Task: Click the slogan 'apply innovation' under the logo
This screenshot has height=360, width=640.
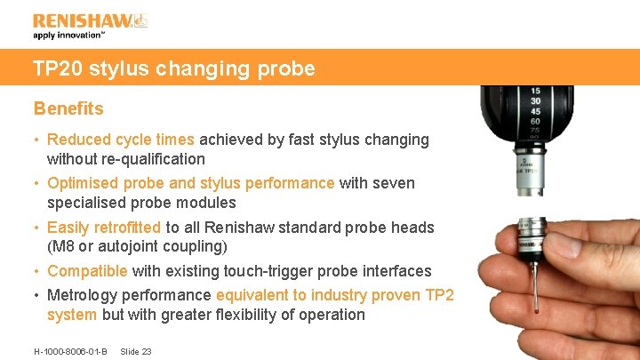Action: (68, 36)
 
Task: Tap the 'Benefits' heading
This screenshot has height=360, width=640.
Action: (68, 108)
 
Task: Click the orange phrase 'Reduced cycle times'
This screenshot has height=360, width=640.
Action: (120, 140)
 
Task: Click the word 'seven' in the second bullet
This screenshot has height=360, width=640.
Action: (395, 183)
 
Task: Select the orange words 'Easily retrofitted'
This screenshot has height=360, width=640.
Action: (104, 228)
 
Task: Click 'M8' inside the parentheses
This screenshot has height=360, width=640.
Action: (64, 245)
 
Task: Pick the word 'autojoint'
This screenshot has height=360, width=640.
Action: (132, 245)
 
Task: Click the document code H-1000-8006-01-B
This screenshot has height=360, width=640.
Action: (70, 352)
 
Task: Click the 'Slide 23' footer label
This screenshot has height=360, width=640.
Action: (135, 352)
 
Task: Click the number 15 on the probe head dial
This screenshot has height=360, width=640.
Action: (535, 92)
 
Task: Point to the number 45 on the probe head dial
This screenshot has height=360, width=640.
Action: (535, 111)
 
